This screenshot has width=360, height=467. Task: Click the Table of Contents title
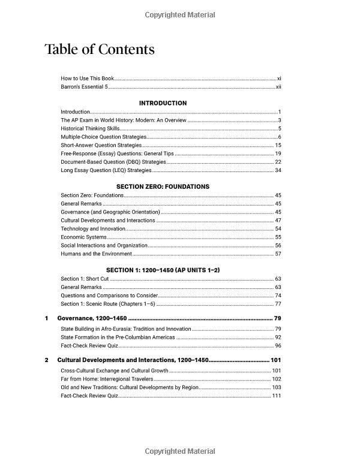(100, 49)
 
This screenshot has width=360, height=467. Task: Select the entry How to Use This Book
(87, 79)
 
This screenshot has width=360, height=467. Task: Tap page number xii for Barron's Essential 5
(278, 87)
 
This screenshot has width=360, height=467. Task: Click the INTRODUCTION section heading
(163, 103)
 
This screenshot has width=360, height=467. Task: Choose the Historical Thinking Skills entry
(91, 128)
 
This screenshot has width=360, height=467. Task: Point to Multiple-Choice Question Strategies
(103, 137)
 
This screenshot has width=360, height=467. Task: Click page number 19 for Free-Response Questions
(278, 153)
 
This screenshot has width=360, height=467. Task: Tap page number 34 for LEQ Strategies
(278, 170)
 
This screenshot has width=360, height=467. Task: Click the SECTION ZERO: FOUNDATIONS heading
(163, 186)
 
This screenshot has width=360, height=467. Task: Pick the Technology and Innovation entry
(93, 228)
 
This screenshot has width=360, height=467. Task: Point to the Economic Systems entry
(83, 237)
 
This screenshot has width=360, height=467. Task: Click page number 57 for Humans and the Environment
(278, 254)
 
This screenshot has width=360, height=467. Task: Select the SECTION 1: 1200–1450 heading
(163, 270)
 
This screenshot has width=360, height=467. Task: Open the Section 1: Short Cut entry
(85, 279)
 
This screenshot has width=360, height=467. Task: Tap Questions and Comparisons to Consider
(109, 296)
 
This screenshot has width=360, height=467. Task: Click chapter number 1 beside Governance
(47, 318)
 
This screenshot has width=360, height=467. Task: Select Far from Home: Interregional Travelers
(106, 379)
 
